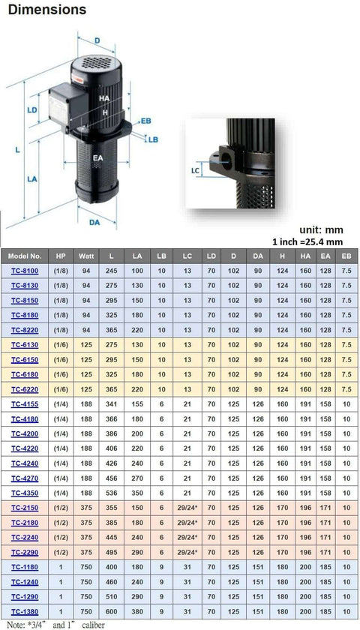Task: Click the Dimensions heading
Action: [x=46, y=10]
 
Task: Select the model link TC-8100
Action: [x=25, y=272]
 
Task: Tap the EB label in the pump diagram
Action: [x=145, y=120]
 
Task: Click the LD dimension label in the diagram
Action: [x=32, y=110]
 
